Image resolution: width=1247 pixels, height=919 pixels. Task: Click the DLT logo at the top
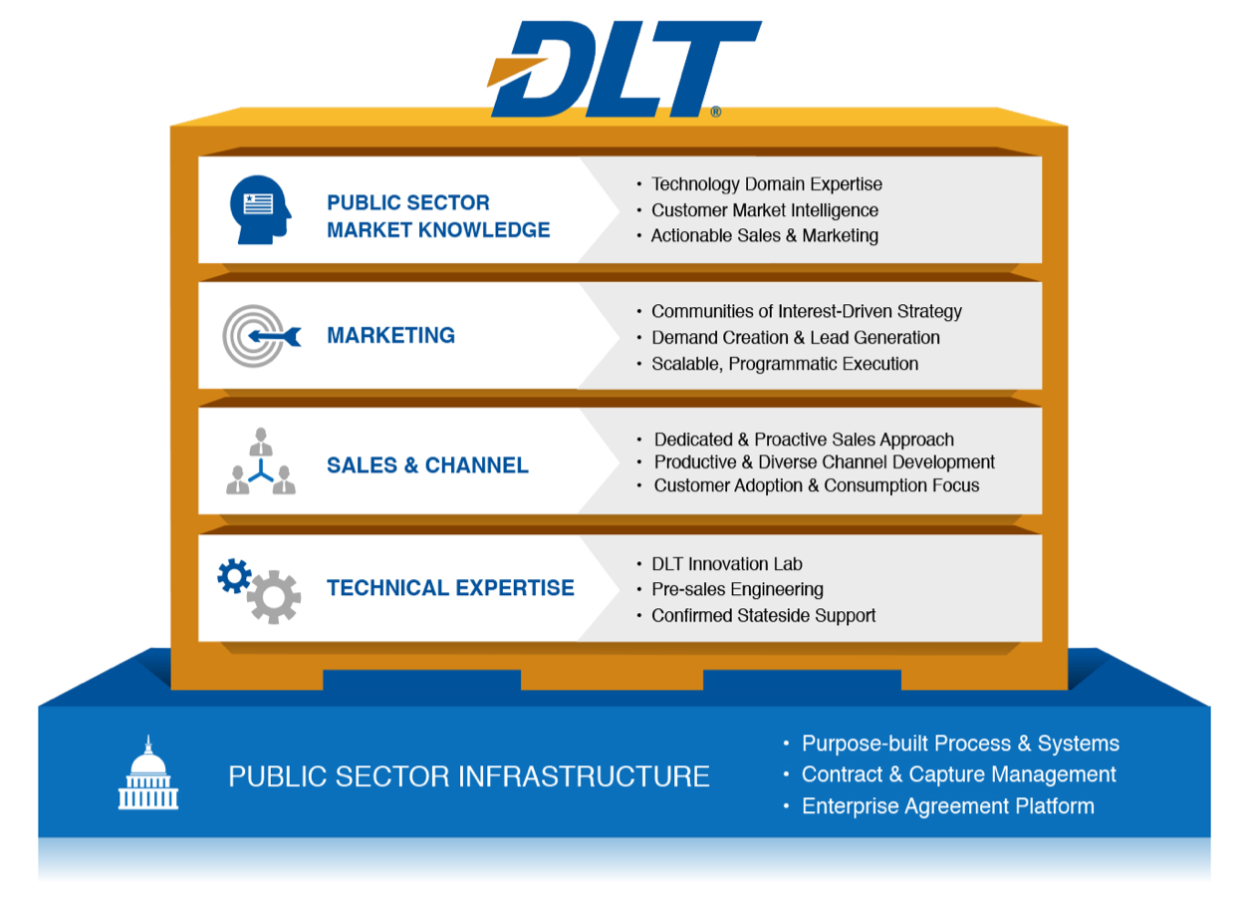coord(623,69)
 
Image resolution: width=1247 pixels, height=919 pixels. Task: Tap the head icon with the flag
coord(260,210)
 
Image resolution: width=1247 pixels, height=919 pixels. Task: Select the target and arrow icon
coord(261,336)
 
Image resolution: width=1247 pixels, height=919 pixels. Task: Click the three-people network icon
coord(261,461)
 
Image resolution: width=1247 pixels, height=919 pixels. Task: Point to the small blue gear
coord(234,576)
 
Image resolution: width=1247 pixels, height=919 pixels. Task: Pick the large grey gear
coord(273,597)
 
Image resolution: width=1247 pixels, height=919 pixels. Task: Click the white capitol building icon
coord(148,772)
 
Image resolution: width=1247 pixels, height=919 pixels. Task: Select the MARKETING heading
coord(390,335)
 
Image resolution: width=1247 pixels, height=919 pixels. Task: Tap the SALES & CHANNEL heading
coord(427,465)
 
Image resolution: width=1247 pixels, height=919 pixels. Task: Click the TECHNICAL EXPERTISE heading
coord(450,588)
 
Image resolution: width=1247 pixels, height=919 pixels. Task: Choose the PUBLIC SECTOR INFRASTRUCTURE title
coord(469,776)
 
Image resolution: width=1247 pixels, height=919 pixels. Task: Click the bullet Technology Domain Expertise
coord(767,184)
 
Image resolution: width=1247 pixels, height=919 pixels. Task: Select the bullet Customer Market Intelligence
coord(765,210)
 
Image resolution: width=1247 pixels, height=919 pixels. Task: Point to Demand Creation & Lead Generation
coord(796,338)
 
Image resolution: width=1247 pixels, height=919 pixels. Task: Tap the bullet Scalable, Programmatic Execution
coord(785,364)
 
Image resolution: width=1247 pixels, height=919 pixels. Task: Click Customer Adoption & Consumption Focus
coord(817,485)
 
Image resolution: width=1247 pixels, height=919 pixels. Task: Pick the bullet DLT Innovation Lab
coord(727,564)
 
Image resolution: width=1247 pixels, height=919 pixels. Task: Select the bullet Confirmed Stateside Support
coord(763,616)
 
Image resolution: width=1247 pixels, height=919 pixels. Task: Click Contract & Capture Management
coord(958,774)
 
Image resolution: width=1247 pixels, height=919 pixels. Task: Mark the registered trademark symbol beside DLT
coord(716,112)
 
